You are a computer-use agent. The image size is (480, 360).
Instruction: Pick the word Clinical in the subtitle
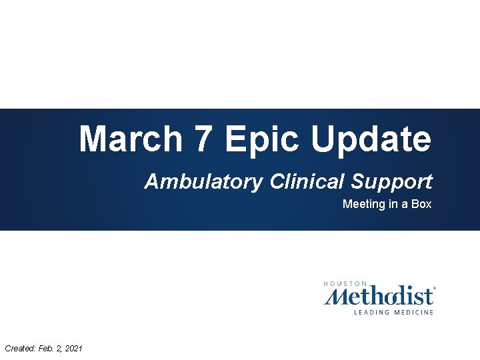[307, 181]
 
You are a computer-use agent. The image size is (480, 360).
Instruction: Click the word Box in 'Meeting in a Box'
[421, 204]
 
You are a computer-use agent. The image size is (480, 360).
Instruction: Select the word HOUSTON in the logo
[345, 283]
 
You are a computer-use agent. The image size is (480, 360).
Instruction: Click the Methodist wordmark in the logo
[379, 295]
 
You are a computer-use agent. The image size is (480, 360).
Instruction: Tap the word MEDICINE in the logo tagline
[413, 312]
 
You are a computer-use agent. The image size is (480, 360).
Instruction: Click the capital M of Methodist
[335, 295]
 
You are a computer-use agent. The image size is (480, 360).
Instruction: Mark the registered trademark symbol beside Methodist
[435, 289]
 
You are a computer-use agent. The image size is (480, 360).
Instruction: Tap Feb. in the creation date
[45, 348]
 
